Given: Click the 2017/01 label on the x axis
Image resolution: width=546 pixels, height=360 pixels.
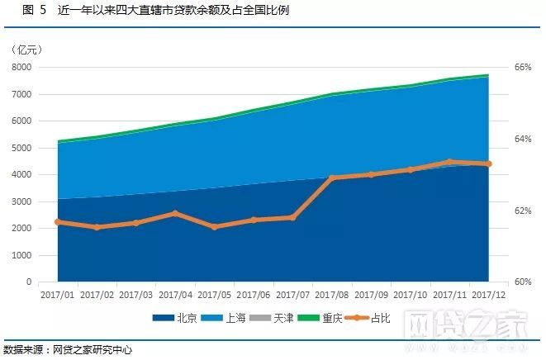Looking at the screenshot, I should (x=58, y=294).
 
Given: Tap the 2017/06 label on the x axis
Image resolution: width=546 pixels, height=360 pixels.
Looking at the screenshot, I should (x=254, y=294).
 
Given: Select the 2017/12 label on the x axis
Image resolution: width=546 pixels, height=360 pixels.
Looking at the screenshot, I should (x=489, y=294).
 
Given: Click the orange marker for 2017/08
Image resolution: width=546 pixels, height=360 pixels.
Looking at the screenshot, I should (x=332, y=178).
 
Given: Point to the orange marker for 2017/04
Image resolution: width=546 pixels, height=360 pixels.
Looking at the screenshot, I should (x=175, y=213).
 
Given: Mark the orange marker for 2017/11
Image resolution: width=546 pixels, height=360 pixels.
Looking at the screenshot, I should (x=449, y=162).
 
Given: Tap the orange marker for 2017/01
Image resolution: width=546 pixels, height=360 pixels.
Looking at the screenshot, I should (x=58, y=222).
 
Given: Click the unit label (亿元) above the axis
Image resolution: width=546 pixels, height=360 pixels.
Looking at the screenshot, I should (x=29, y=51).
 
